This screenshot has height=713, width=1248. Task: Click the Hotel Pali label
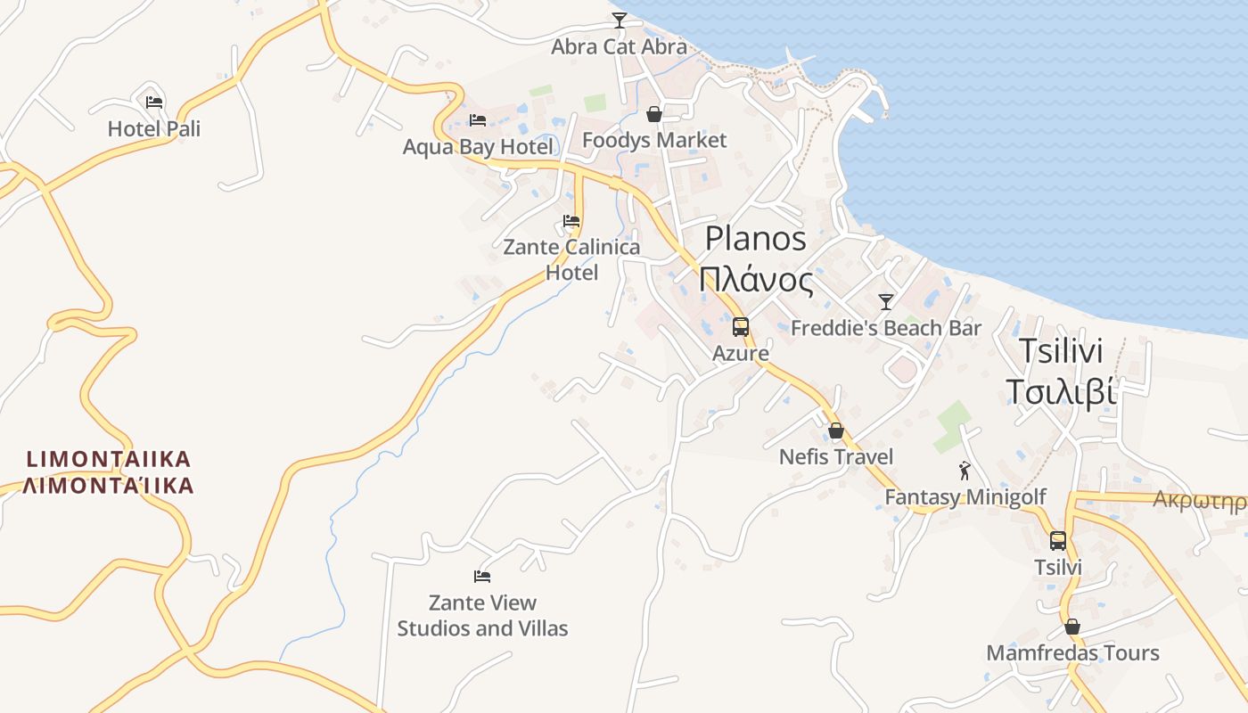click(154, 129)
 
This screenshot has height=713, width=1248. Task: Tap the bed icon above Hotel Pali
click(154, 102)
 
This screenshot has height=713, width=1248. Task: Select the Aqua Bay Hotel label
click(478, 147)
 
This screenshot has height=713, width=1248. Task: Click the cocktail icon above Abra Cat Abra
click(620, 20)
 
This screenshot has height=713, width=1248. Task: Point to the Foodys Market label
click(654, 141)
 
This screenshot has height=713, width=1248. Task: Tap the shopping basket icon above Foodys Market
click(654, 114)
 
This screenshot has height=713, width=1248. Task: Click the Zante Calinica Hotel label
click(571, 259)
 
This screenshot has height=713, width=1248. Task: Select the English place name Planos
click(756, 239)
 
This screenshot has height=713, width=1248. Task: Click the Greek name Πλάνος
click(756, 281)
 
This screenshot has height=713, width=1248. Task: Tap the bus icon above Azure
click(741, 327)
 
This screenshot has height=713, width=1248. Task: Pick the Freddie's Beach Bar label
click(886, 329)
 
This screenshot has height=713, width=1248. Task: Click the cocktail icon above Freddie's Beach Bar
click(886, 302)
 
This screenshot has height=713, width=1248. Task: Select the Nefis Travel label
click(836, 457)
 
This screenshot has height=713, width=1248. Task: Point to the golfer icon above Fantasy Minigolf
click(965, 470)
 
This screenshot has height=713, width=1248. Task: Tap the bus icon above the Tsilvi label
click(1058, 541)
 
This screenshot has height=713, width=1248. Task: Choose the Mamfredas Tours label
click(1072, 653)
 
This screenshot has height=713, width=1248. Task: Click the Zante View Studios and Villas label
click(482, 616)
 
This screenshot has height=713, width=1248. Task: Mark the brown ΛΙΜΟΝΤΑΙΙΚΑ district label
click(108, 472)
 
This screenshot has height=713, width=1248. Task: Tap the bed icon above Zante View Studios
click(482, 577)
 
